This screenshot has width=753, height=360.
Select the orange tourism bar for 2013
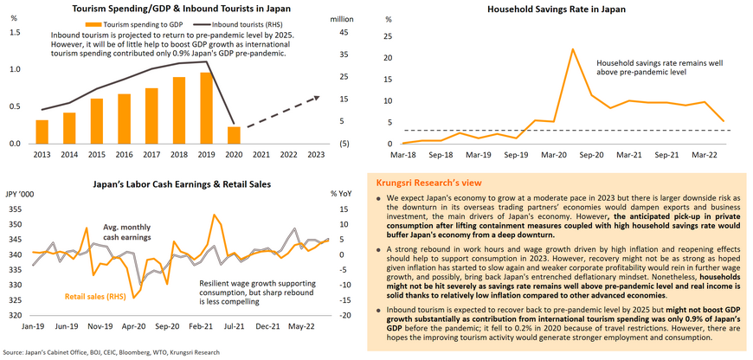42,132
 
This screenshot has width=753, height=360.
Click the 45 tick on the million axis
344,32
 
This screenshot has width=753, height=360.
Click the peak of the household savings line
572,49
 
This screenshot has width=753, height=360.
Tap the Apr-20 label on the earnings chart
133,327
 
